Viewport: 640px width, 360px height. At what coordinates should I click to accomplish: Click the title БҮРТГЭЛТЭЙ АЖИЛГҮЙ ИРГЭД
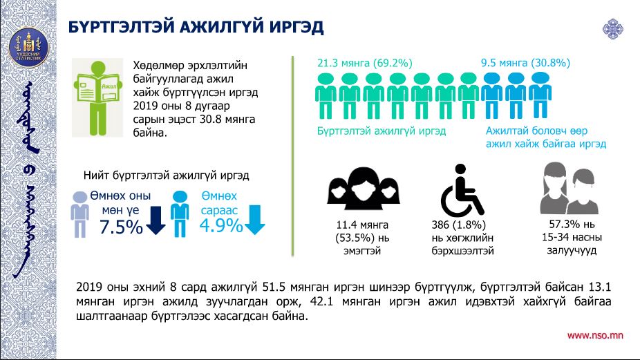click(x=196, y=27)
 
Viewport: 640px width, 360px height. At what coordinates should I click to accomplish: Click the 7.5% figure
click(x=122, y=227)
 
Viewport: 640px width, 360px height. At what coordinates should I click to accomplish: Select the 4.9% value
click(x=220, y=225)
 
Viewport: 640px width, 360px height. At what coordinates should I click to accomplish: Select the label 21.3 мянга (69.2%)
click(x=364, y=63)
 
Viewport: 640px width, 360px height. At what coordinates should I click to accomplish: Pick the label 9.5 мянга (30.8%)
click(x=525, y=63)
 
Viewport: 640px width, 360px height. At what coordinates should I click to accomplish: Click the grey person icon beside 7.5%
click(x=80, y=214)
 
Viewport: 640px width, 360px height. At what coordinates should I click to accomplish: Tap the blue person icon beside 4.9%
click(x=180, y=214)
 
